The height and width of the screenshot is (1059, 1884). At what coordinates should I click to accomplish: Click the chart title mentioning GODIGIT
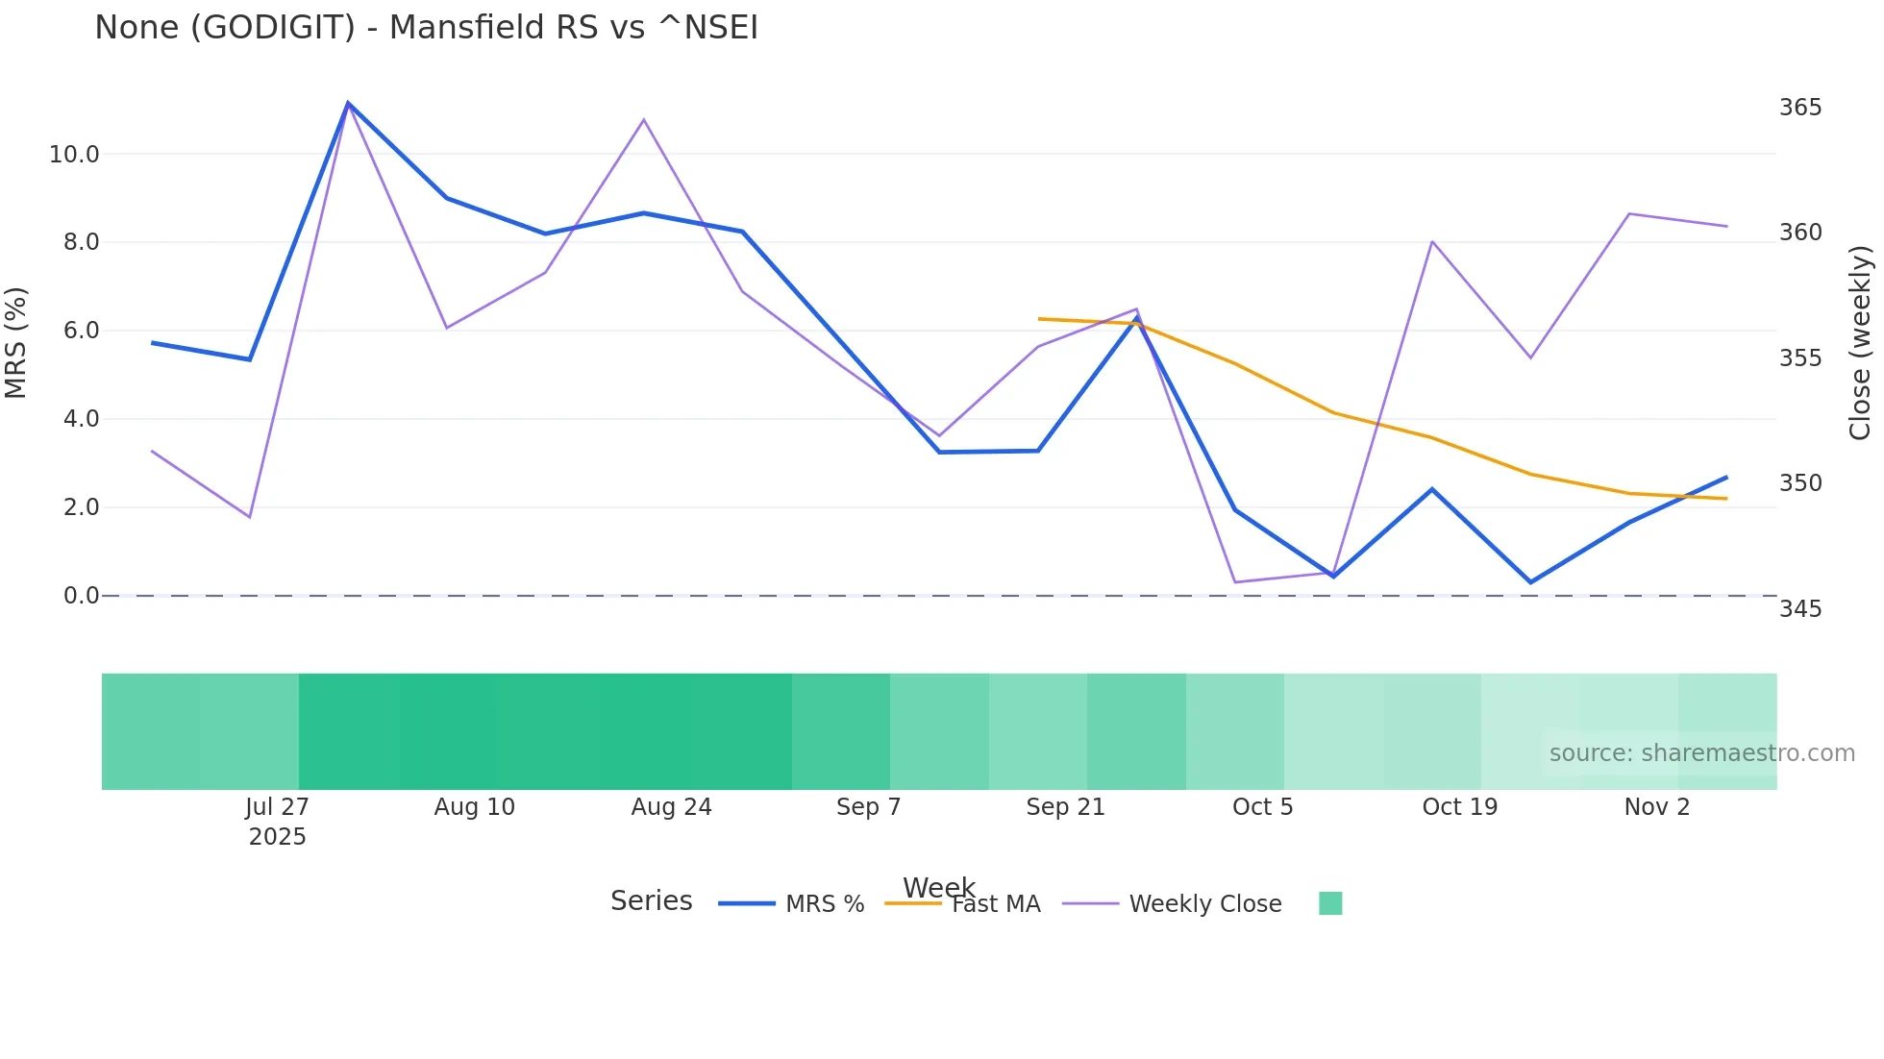(426, 28)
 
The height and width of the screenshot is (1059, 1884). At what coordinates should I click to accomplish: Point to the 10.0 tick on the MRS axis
(74, 155)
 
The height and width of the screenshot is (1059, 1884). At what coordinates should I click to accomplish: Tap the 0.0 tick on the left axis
(81, 596)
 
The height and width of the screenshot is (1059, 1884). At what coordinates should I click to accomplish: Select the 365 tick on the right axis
(1799, 108)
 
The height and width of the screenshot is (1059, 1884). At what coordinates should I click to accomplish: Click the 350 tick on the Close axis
(1799, 483)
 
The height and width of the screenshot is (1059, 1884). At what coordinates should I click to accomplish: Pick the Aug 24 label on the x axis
(671, 807)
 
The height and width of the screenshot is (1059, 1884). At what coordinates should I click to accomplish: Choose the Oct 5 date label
(1262, 807)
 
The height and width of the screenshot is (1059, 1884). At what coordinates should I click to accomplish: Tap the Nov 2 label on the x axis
(1656, 807)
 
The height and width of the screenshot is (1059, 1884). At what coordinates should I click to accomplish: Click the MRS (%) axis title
(16, 343)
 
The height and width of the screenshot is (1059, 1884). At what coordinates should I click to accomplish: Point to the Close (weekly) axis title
(1861, 343)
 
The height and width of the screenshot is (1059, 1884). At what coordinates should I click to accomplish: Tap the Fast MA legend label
(996, 904)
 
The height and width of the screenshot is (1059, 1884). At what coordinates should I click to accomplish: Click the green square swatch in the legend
(1330, 903)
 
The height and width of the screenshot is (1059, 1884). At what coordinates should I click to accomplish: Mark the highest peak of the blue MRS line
(348, 103)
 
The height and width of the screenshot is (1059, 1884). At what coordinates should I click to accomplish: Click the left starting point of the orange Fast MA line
(1039, 319)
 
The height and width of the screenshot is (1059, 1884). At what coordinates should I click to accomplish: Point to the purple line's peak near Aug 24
(644, 120)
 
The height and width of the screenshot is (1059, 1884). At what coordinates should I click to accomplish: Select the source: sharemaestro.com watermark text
(1701, 753)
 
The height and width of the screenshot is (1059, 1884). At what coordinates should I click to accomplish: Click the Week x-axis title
(938, 887)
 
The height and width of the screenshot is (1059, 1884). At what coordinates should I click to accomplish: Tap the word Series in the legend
(651, 901)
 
